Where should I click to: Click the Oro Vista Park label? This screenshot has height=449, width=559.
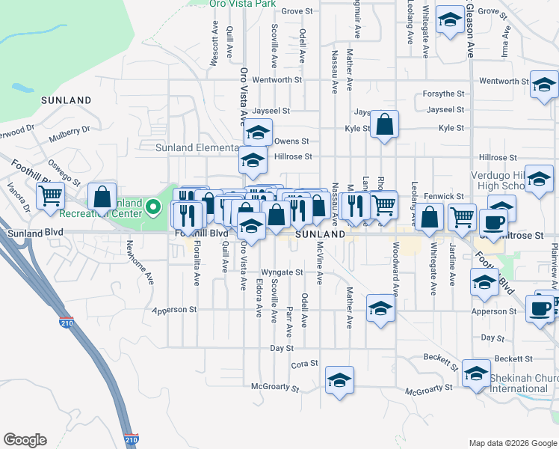point(239,4)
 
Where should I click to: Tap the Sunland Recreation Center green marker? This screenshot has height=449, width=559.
point(154,205)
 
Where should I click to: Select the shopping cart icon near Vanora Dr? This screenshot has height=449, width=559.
point(50,196)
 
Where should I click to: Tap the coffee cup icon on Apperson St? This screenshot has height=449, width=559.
point(540,308)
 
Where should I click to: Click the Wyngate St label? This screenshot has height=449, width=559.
point(282,272)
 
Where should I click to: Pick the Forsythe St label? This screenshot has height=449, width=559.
point(444,94)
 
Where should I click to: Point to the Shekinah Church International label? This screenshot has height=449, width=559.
point(523,383)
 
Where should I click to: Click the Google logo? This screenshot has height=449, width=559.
point(25,440)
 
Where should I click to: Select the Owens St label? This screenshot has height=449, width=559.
point(291,141)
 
